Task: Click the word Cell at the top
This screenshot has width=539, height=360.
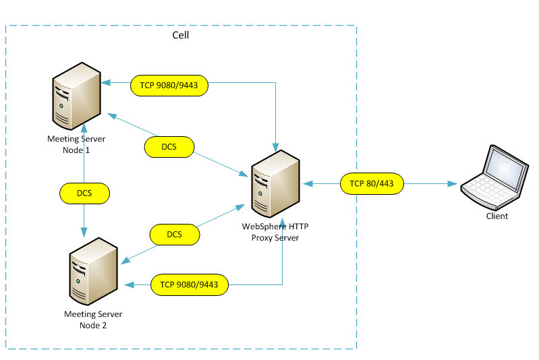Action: coord(181,34)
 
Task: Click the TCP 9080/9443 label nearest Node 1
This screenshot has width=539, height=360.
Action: coord(169,85)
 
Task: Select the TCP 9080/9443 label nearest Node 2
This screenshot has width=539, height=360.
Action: coord(190,285)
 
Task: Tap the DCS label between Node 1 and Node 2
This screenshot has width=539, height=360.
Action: coord(84,193)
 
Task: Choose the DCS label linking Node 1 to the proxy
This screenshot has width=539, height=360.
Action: coord(169,146)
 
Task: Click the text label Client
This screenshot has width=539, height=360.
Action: coord(497,216)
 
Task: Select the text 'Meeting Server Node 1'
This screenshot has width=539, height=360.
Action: coord(76,144)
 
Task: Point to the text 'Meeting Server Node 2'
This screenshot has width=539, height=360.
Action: coord(93,319)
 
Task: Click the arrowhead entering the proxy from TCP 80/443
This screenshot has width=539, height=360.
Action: coord(308,183)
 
